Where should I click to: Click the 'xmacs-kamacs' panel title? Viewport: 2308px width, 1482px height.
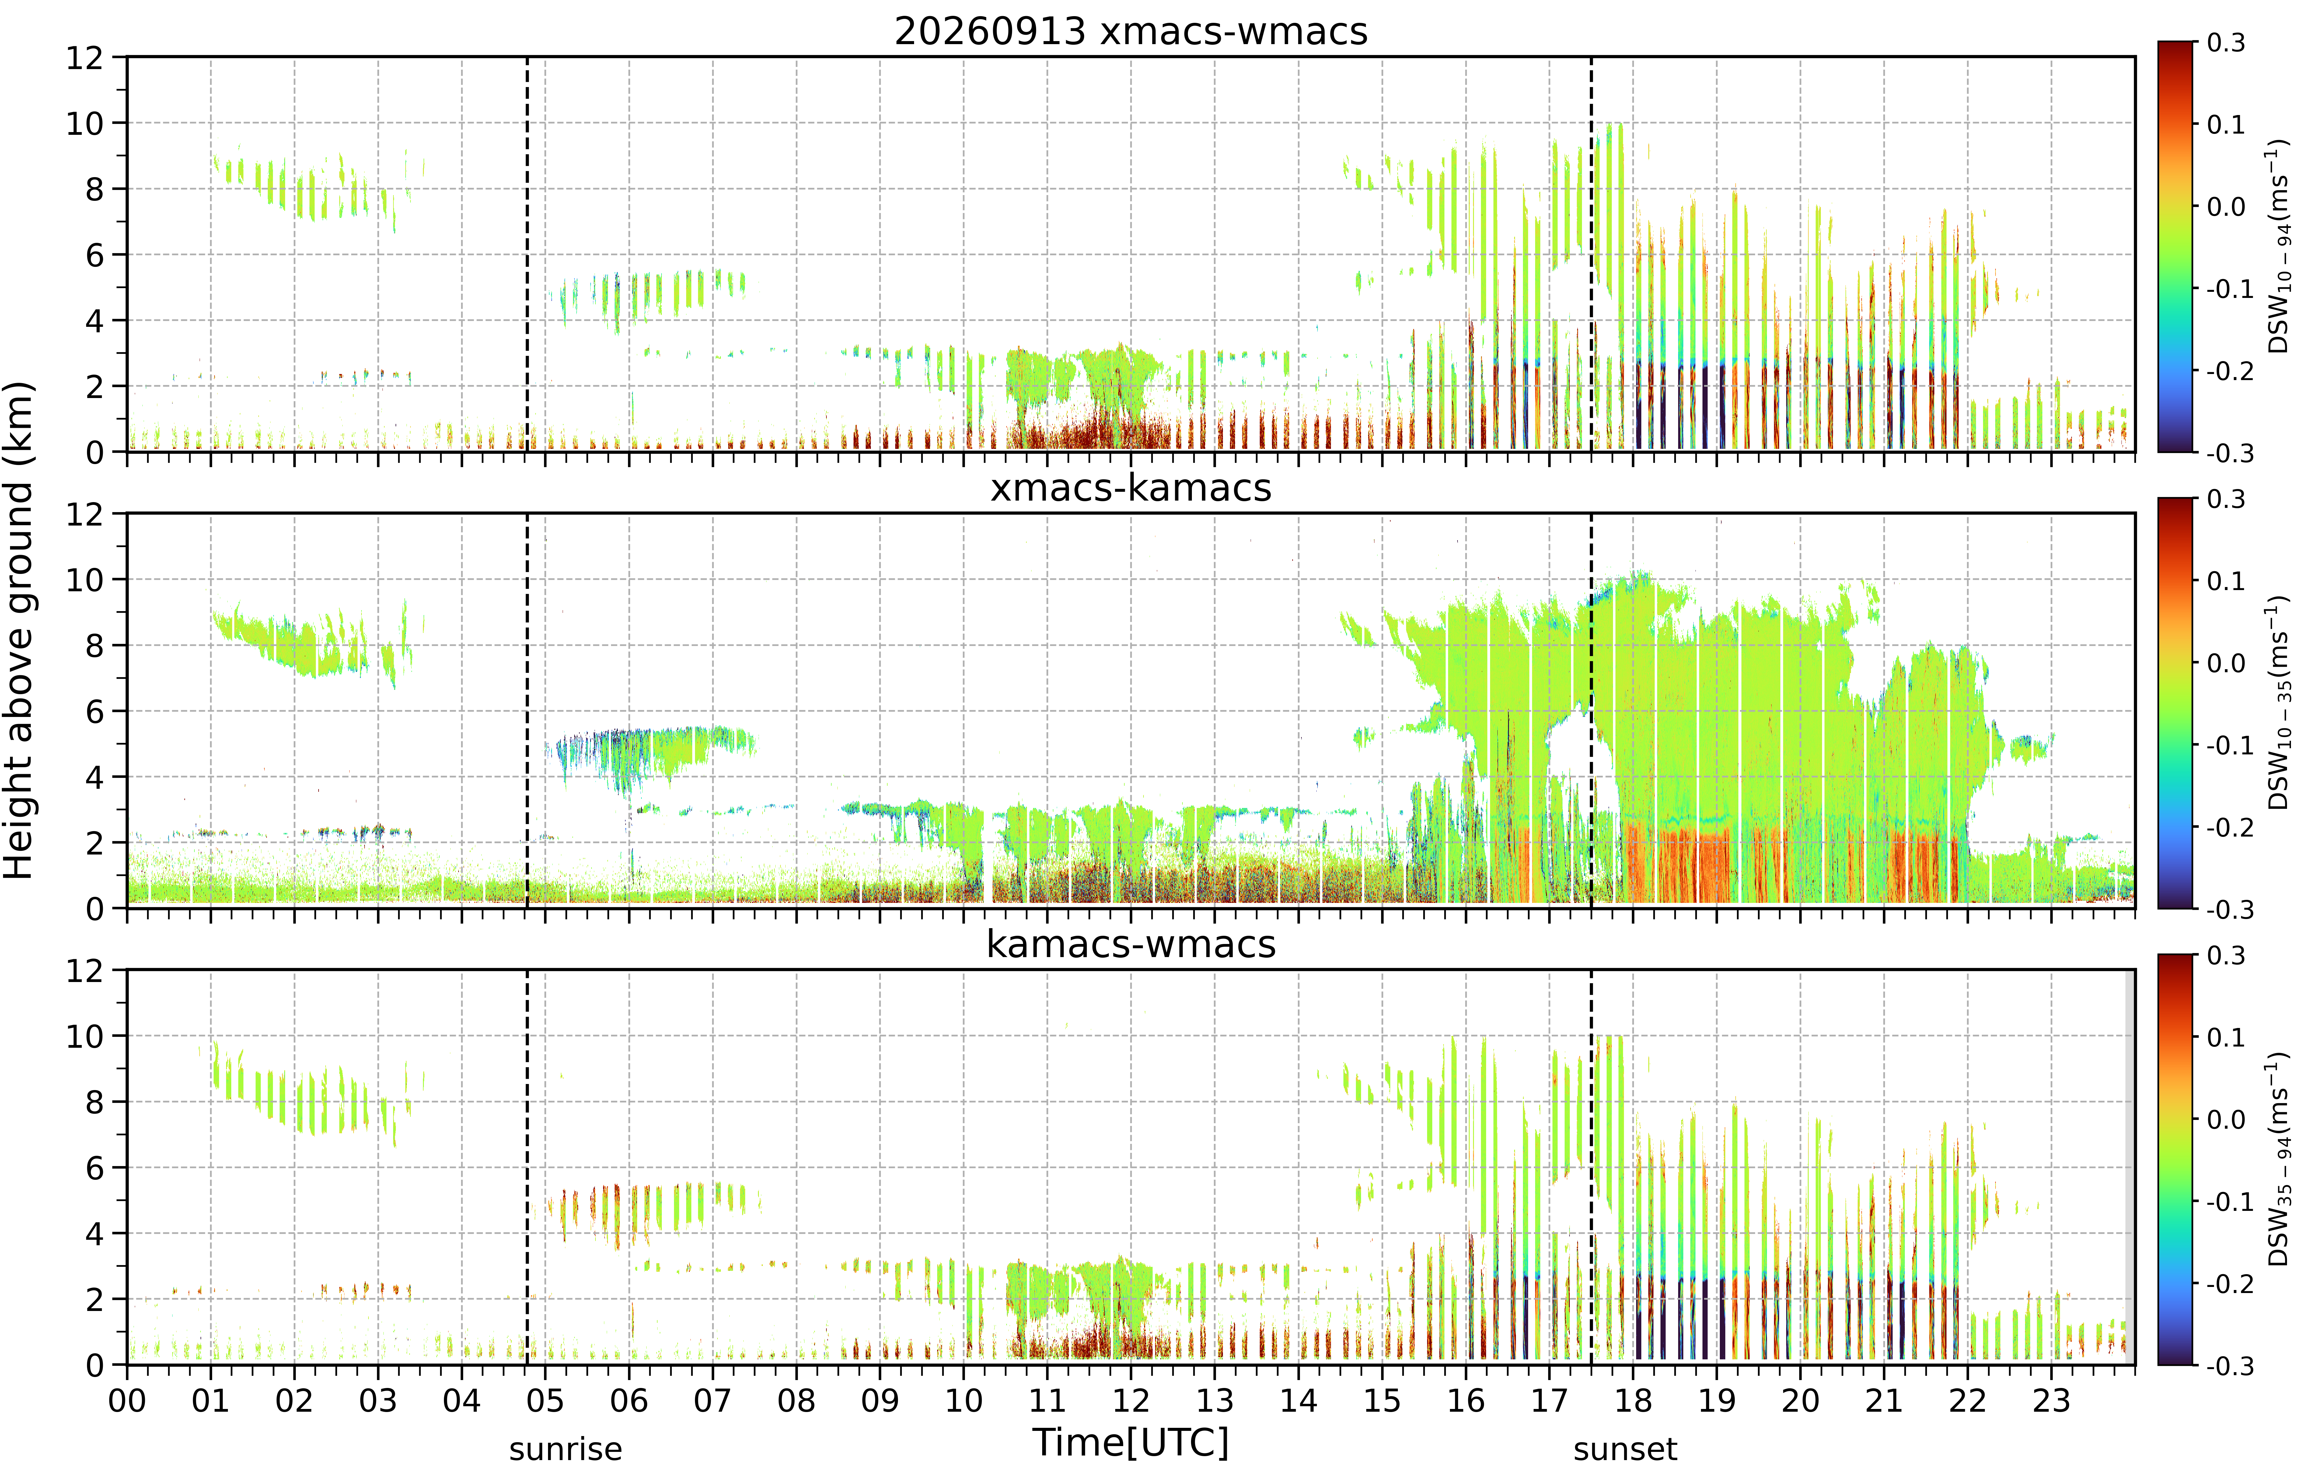(x=1130, y=488)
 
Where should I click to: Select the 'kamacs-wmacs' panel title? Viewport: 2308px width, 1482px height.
(x=1130, y=944)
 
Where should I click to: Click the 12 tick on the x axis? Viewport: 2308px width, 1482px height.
(x=1130, y=1400)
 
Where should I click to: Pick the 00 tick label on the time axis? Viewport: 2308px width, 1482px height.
(x=127, y=1400)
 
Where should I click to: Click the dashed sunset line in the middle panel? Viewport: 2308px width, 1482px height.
(x=1591, y=710)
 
